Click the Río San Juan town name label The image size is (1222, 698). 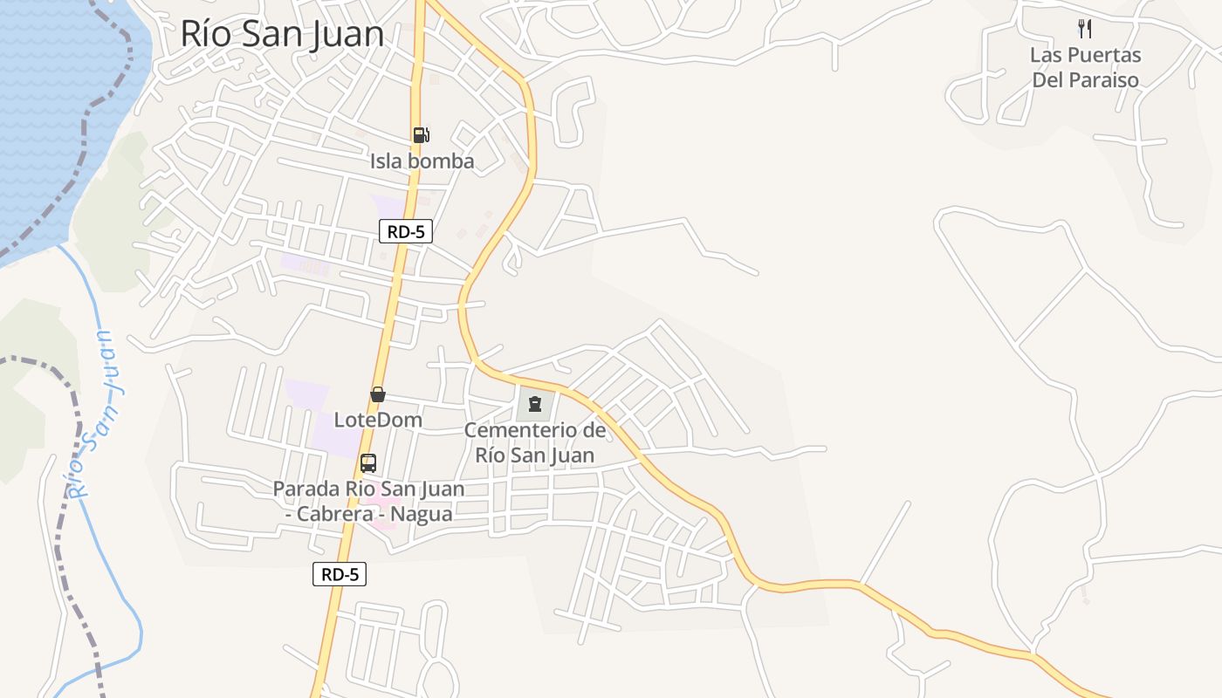click(282, 34)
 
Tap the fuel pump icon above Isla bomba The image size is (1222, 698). click(422, 134)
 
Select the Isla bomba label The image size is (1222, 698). click(422, 161)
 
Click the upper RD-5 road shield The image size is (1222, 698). click(406, 232)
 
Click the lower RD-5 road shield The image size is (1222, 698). click(340, 574)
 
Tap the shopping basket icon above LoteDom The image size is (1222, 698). click(378, 394)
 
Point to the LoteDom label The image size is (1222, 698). click(378, 420)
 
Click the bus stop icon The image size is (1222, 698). click(368, 462)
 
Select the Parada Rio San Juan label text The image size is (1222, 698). click(368, 489)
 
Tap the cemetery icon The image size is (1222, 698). click(535, 403)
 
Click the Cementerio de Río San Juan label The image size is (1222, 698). click(535, 442)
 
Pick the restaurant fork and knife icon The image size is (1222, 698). click(1085, 29)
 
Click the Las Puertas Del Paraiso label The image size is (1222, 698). click(1085, 67)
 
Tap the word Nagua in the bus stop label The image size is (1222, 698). click(421, 514)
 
